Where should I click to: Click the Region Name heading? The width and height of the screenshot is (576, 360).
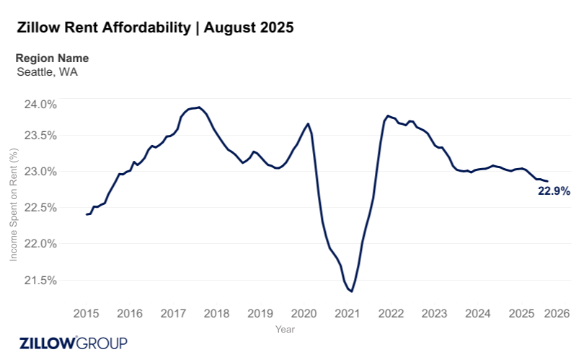click(x=52, y=58)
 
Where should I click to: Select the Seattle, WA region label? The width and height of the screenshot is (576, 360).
click(x=47, y=72)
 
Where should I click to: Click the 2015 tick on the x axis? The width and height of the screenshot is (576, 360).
click(x=86, y=314)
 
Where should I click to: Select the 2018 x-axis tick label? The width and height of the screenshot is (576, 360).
click(x=216, y=314)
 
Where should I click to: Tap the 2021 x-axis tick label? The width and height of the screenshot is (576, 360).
click(x=347, y=314)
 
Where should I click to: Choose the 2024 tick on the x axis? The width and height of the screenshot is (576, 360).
click(x=478, y=314)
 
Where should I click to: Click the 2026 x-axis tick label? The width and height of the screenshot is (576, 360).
click(x=557, y=314)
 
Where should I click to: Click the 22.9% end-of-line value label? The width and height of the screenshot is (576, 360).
click(x=554, y=192)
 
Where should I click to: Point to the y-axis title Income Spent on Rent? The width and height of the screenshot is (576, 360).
click(x=13, y=205)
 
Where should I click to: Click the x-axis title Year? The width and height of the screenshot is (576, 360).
click(x=285, y=328)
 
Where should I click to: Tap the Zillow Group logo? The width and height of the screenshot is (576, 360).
click(x=73, y=342)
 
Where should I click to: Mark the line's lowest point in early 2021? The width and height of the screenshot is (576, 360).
click(x=351, y=291)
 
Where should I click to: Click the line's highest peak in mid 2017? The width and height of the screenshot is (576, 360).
click(x=199, y=107)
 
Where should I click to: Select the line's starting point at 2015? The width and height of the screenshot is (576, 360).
click(x=87, y=214)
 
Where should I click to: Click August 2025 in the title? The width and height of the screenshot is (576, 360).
click(x=249, y=28)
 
